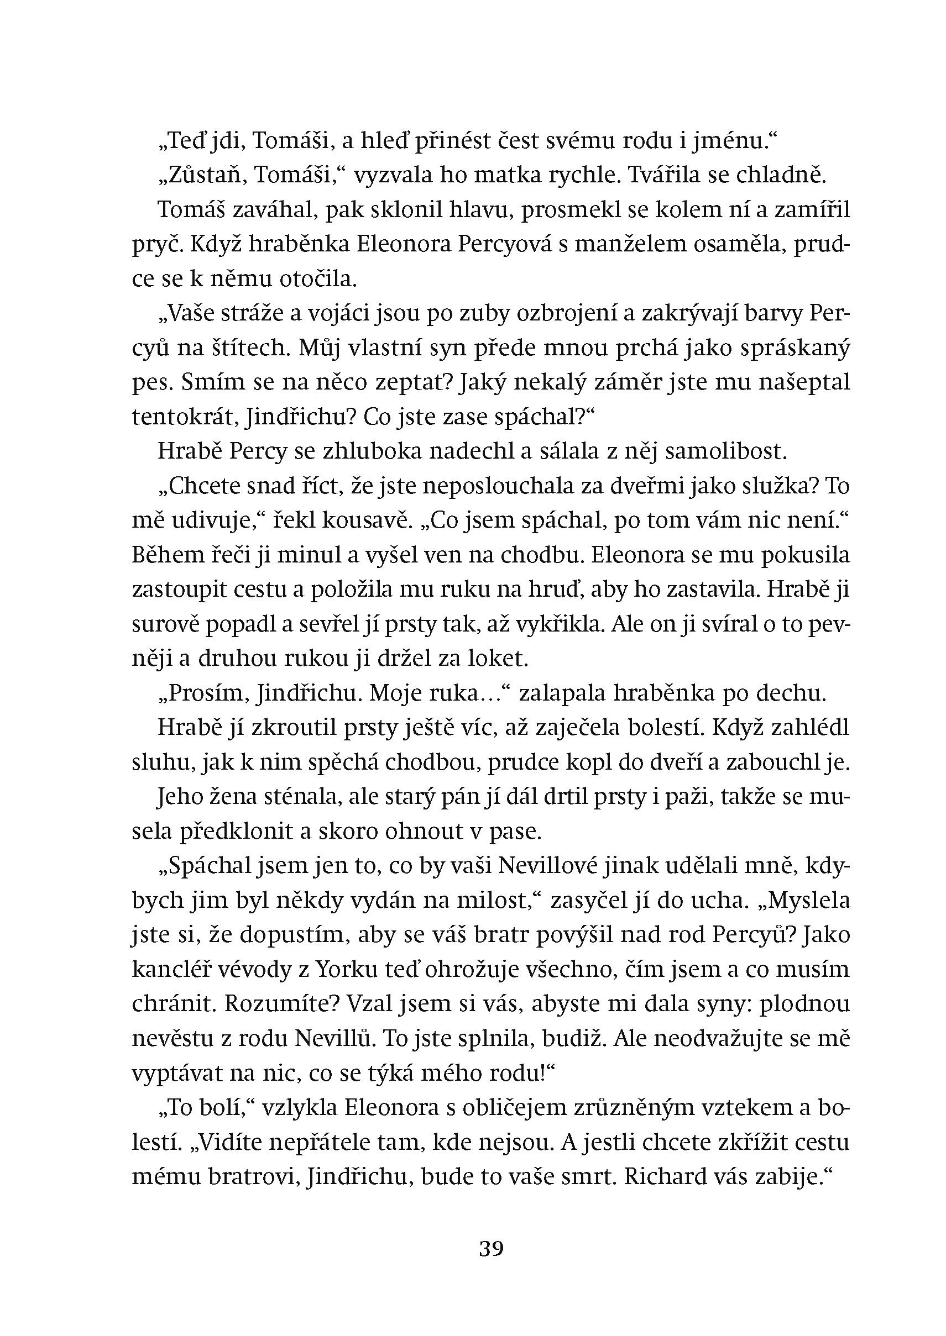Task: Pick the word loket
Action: click(499, 659)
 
